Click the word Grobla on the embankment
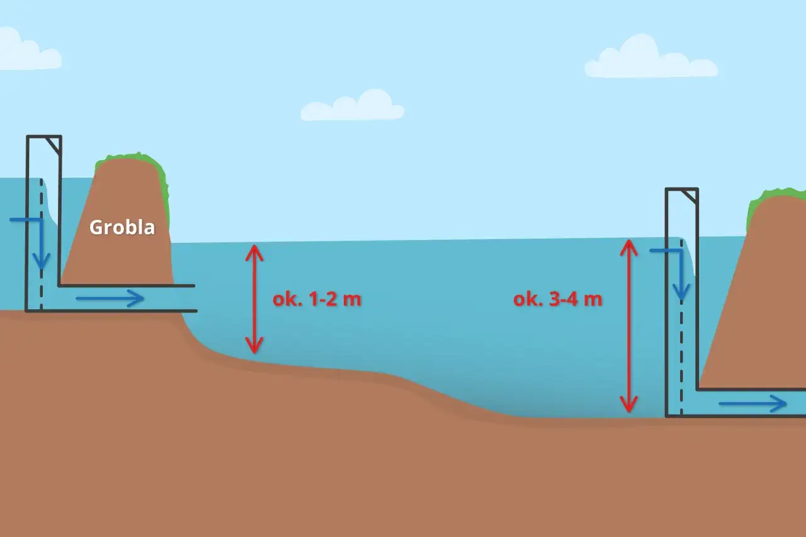[x=122, y=227]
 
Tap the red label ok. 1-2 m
[x=317, y=299]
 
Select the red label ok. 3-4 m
[x=557, y=299]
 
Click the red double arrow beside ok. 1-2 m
[x=254, y=299]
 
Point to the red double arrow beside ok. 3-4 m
[x=628, y=325]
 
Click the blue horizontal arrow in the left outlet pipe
[x=110, y=298]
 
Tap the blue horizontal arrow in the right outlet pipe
[x=752, y=404]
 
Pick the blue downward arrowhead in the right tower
[x=681, y=291]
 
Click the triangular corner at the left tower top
[x=55, y=144]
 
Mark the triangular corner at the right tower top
[x=691, y=196]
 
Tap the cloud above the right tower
[x=650, y=57]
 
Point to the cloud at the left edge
[x=29, y=49]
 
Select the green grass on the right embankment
[x=774, y=201]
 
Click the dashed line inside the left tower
[x=42, y=245]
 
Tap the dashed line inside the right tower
[x=681, y=327]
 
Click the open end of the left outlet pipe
[x=195, y=298]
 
